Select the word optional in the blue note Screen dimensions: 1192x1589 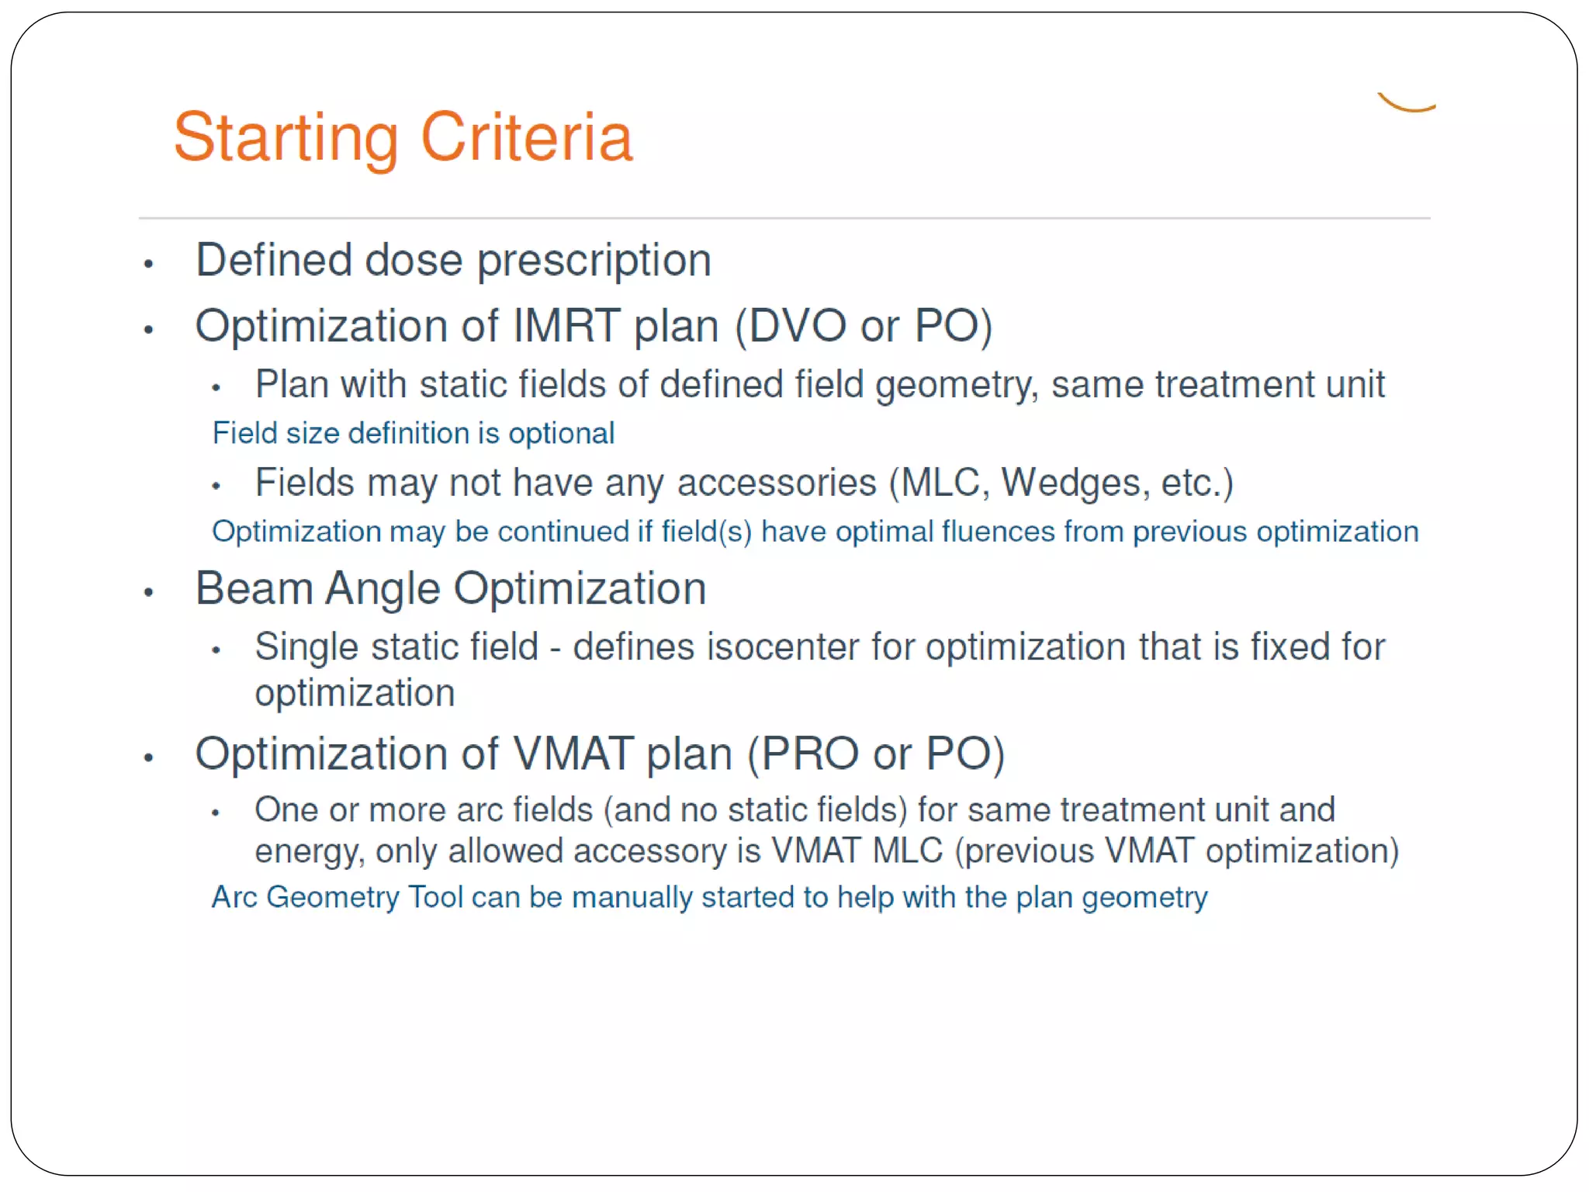561,434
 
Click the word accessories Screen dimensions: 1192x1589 777,483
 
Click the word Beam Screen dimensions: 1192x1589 254,589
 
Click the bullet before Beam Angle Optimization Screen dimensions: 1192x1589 149,593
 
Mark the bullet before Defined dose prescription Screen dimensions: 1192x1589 149,265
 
